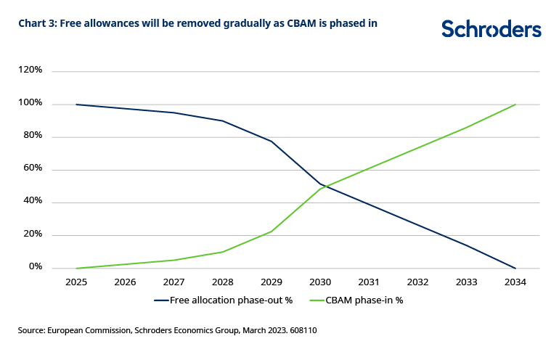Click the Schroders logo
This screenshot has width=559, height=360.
[491, 28]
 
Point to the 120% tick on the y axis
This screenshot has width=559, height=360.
[30, 70]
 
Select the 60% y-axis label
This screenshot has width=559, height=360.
[33, 169]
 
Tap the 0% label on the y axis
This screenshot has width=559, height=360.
[36, 268]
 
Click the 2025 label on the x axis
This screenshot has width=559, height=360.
[76, 282]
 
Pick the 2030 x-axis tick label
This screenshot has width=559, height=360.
[320, 282]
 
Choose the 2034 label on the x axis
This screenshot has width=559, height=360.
[515, 282]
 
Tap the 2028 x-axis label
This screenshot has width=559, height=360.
[223, 282]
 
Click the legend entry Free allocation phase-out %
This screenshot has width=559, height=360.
[225, 300]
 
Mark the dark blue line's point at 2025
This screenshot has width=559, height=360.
[76, 105]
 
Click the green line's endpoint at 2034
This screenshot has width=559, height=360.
[515, 105]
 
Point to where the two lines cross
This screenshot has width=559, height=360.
[325, 187]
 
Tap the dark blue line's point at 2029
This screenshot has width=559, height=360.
[272, 141]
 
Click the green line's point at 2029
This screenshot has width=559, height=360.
[272, 232]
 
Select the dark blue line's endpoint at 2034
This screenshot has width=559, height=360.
[515, 269]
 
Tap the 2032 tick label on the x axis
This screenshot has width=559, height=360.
[417, 282]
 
